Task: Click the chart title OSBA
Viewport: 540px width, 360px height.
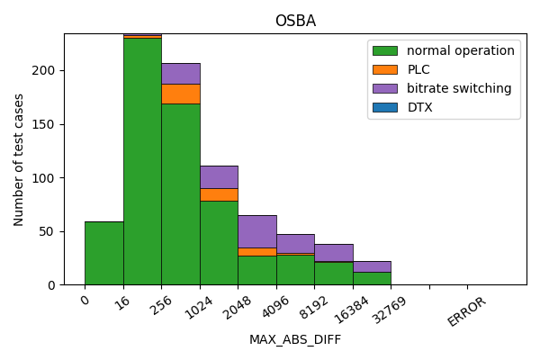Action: click(x=295, y=22)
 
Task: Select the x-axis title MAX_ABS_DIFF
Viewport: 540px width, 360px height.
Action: click(x=295, y=339)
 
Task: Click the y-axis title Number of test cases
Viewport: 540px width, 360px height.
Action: click(x=19, y=159)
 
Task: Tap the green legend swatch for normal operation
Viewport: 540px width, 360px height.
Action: click(x=386, y=50)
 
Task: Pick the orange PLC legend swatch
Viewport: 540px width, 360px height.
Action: click(x=386, y=69)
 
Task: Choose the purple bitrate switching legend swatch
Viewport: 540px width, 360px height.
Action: click(x=386, y=88)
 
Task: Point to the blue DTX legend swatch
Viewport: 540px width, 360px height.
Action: click(x=386, y=107)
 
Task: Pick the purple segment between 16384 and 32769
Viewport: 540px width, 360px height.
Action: click(x=372, y=266)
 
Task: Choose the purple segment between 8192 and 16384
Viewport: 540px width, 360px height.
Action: click(x=334, y=252)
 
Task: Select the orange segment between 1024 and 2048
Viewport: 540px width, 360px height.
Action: click(x=219, y=194)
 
